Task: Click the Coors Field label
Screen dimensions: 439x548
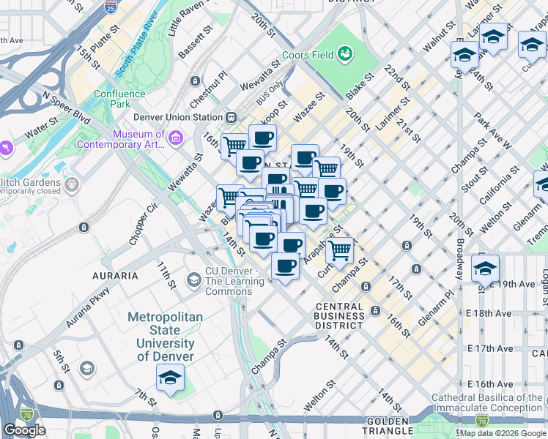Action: click(x=308, y=55)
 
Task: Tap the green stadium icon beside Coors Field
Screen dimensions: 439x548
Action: click(x=344, y=53)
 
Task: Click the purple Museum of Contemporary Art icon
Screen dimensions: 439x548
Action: click(x=176, y=138)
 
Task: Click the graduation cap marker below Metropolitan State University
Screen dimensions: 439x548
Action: click(x=170, y=378)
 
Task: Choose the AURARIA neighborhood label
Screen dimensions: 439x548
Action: click(x=115, y=276)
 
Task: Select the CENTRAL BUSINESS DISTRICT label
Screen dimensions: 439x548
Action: click(x=339, y=316)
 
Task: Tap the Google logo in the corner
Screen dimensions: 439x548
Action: click(x=24, y=430)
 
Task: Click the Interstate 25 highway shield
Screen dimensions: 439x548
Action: click(x=110, y=9)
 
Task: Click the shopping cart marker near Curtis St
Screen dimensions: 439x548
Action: click(x=340, y=250)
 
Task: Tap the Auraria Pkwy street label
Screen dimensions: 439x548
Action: click(x=87, y=307)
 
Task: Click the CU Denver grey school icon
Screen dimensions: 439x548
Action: click(x=194, y=279)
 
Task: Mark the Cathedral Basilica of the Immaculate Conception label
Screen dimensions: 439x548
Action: click(x=487, y=402)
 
